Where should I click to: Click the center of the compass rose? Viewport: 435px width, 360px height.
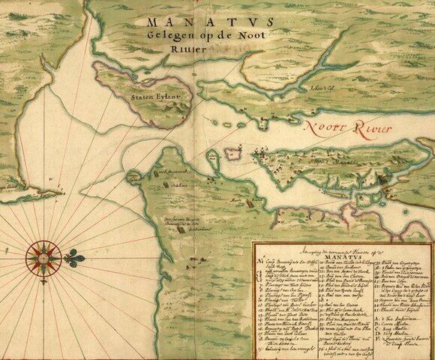[43, 257]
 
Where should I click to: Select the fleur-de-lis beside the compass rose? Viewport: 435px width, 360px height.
[73, 256]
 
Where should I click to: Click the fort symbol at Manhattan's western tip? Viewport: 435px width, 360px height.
[258, 158]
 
